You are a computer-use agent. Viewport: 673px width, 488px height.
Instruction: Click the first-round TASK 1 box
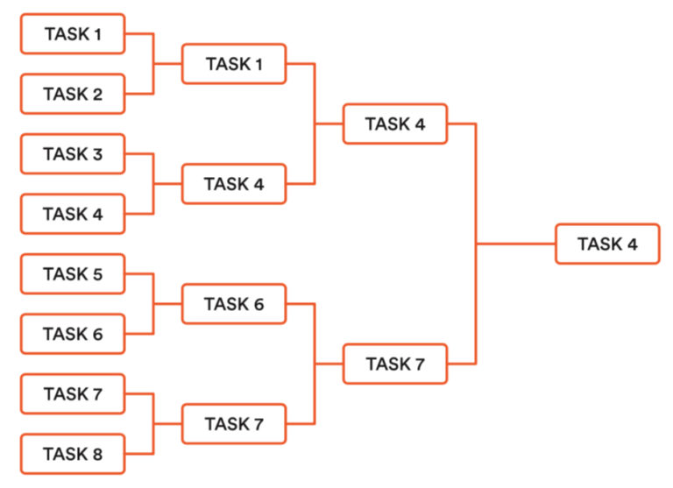coord(73,34)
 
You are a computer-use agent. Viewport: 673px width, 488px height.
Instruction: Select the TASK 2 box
coord(73,94)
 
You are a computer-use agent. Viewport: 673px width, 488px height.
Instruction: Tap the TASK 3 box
coord(73,154)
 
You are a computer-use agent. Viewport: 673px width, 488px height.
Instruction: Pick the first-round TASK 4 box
coord(73,214)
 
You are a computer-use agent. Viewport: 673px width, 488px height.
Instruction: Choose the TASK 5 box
coord(73,274)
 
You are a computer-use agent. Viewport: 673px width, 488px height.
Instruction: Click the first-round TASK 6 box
coord(73,334)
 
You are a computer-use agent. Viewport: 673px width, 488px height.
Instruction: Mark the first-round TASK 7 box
coord(73,394)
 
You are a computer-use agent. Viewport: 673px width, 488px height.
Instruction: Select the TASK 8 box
coord(73,454)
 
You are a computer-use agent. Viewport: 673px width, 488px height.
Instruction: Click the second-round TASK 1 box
coord(234,64)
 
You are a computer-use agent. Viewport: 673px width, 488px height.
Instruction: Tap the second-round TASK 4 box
coord(234,184)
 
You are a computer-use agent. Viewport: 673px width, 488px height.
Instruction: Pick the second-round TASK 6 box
coord(234,304)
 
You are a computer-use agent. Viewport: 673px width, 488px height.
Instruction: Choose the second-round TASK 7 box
coord(234,424)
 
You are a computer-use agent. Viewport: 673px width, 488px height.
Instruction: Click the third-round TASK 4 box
coord(395,124)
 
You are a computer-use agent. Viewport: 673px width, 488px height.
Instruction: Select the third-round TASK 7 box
coord(395,364)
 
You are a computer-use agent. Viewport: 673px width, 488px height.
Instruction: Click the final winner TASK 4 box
coord(607,244)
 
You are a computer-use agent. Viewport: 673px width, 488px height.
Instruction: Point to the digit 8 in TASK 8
coord(97,455)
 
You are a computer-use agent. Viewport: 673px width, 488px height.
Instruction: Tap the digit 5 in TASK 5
coord(97,274)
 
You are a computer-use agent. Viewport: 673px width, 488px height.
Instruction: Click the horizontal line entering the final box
coord(517,244)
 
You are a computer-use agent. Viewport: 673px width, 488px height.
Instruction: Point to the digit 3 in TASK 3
coord(97,154)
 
